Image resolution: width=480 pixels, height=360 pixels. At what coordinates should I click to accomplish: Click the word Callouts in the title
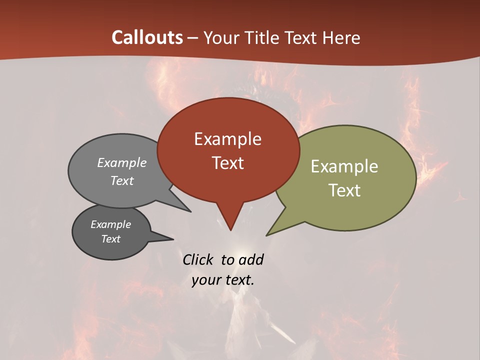tap(147, 37)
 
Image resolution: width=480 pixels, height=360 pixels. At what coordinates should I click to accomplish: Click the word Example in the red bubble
tap(227, 139)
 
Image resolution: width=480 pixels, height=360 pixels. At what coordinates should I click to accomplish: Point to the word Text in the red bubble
tap(228, 163)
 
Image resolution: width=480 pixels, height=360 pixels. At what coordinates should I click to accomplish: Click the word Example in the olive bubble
tap(344, 166)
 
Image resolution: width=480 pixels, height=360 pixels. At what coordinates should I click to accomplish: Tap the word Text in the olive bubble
tap(345, 190)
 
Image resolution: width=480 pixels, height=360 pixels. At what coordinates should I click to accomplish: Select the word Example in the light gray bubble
tap(122, 163)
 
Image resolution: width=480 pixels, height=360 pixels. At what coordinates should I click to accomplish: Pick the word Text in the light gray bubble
tap(122, 181)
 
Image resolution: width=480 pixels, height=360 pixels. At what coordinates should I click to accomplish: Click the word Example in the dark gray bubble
tap(110, 224)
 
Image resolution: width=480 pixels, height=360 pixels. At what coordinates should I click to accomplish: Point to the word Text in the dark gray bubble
tap(110, 239)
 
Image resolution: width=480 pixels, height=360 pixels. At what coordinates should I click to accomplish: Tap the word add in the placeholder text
tap(250, 259)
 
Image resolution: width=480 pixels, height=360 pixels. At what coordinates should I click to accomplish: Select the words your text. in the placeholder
tap(222, 280)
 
